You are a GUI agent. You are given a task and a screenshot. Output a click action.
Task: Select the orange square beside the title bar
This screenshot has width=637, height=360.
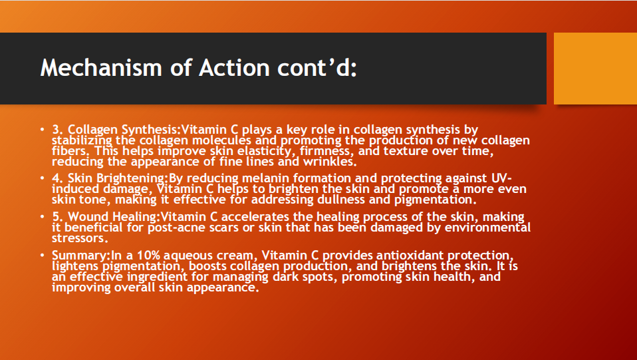point(595,69)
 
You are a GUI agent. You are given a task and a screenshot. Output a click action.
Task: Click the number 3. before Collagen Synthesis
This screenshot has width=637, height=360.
point(57,129)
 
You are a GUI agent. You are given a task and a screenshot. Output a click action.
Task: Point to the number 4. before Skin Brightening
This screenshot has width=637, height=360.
point(57,178)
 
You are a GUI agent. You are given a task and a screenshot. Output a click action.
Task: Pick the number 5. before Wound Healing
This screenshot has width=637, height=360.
point(57,216)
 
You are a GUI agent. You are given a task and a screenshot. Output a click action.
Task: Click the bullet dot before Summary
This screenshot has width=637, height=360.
point(42,256)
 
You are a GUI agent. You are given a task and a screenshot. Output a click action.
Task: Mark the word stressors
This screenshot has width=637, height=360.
point(78,238)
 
